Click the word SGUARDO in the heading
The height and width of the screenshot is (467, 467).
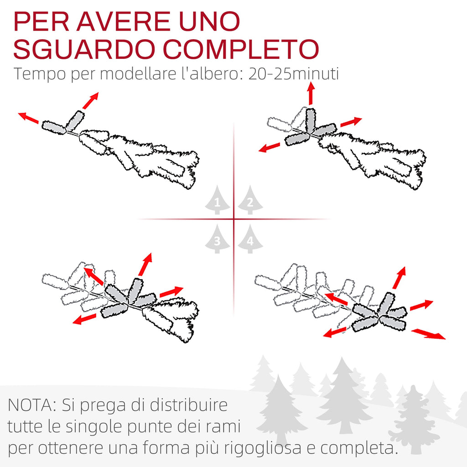[84, 49]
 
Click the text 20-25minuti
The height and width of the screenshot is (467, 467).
[293, 73]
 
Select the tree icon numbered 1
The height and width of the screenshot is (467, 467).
[218, 200]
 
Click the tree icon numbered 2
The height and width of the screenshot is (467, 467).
[250, 200]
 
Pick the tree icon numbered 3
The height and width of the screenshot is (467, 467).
[218, 239]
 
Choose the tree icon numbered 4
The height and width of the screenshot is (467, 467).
[250, 239]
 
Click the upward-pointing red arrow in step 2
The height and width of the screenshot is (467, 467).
[311, 93]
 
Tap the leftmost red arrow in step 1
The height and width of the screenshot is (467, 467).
[28, 118]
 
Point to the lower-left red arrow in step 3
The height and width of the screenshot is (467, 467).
[84, 319]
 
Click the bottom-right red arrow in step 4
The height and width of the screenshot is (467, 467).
[428, 333]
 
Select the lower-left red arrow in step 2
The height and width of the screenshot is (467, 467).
[270, 147]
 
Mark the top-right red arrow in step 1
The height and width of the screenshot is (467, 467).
[91, 101]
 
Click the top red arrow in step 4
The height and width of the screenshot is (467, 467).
[400, 278]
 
